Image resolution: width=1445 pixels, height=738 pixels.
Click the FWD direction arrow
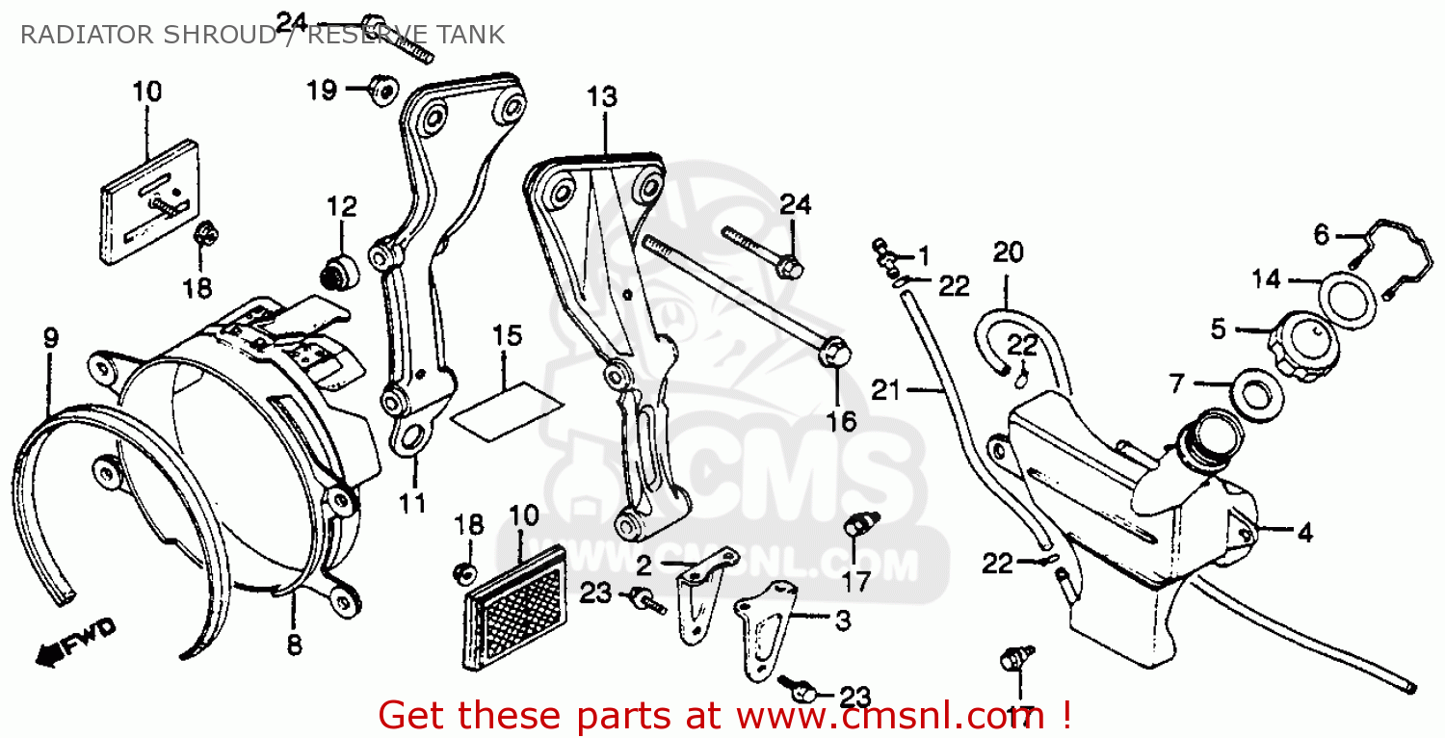[75, 644]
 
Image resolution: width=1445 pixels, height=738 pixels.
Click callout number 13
[602, 97]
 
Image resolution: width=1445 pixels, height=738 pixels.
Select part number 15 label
[507, 336]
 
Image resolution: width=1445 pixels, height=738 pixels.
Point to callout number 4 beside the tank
[1305, 531]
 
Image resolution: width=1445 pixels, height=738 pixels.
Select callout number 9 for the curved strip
[50, 337]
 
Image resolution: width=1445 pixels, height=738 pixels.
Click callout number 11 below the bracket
[413, 503]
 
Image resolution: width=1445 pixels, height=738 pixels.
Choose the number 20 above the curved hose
[1008, 252]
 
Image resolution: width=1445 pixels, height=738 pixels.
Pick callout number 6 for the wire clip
[1322, 234]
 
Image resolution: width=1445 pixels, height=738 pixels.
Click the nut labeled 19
[382, 91]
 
